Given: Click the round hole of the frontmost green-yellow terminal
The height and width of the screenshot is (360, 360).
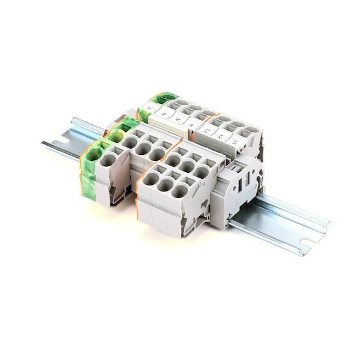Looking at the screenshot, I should pyautogui.click(x=94, y=154).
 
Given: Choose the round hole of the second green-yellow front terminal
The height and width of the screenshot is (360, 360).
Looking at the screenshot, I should pyautogui.click(x=116, y=137).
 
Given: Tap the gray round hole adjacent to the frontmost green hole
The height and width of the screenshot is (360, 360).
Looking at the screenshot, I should pyautogui.click(x=108, y=160).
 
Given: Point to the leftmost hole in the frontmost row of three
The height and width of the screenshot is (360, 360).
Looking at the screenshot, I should pyautogui.click(x=151, y=178).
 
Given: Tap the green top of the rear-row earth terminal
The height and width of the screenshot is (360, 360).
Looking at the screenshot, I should pyautogui.click(x=164, y=97).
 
